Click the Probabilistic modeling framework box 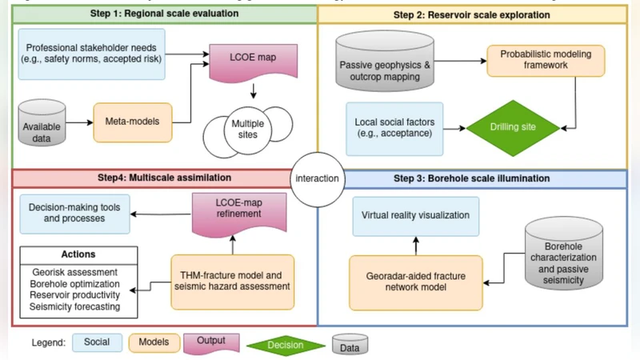click(x=546, y=61)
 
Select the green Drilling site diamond click(x=513, y=127)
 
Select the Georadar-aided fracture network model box click(x=414, y=282)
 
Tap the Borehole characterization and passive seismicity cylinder click(x=567, y=256)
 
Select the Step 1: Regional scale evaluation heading click(x=164, y=14)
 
